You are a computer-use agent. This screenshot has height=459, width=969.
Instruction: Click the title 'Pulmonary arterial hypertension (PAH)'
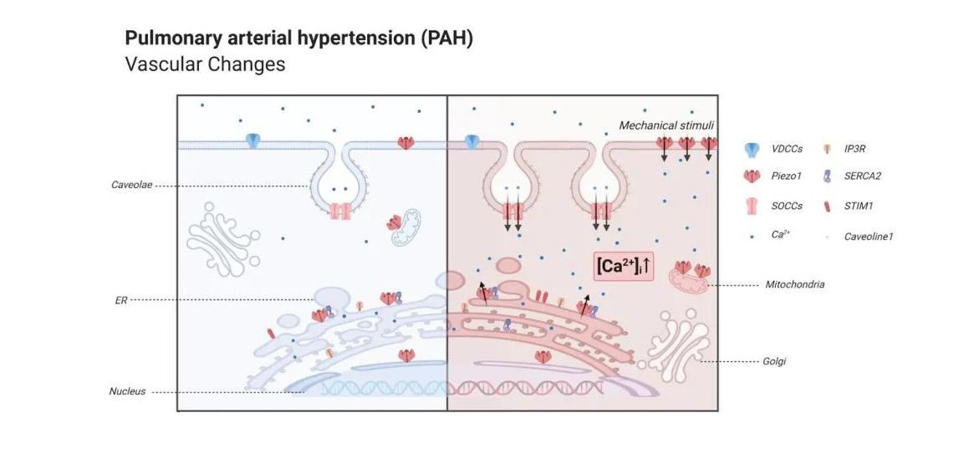(x=298, y=38)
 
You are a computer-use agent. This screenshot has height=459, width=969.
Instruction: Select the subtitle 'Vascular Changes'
(x=205, y=64)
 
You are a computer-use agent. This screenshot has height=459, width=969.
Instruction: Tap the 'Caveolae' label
(x=131, y=185)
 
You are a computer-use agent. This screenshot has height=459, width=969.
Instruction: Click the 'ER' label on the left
(x=122, y=298)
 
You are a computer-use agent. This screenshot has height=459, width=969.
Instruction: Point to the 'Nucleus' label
(x=127, y=391)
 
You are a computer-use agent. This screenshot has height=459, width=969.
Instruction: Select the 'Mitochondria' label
(x=794, y=284)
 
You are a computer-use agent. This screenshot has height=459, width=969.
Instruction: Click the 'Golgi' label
(x=774, y=361)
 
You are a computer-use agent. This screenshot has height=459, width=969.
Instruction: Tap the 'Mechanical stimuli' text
(x=666, y=125)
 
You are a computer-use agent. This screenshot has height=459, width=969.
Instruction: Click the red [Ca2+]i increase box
(x=623, y=266)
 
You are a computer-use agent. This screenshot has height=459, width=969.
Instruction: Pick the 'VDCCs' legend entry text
(x=788, y=149)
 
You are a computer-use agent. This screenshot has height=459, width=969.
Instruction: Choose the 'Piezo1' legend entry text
(x=787, y=176)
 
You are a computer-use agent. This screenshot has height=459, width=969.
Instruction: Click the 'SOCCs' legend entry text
(x=787, y=205)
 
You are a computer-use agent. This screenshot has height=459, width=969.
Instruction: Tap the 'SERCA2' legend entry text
(x=862, y=176)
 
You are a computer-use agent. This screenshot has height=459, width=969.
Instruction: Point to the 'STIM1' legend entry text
(x=859, y=205)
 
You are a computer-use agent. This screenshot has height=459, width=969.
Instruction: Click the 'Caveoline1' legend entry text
(x=869, y=237)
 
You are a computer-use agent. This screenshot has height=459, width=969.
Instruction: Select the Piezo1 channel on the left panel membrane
(x=405, y=142)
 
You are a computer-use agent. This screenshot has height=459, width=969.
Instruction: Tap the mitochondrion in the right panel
(x=687, y=283)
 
